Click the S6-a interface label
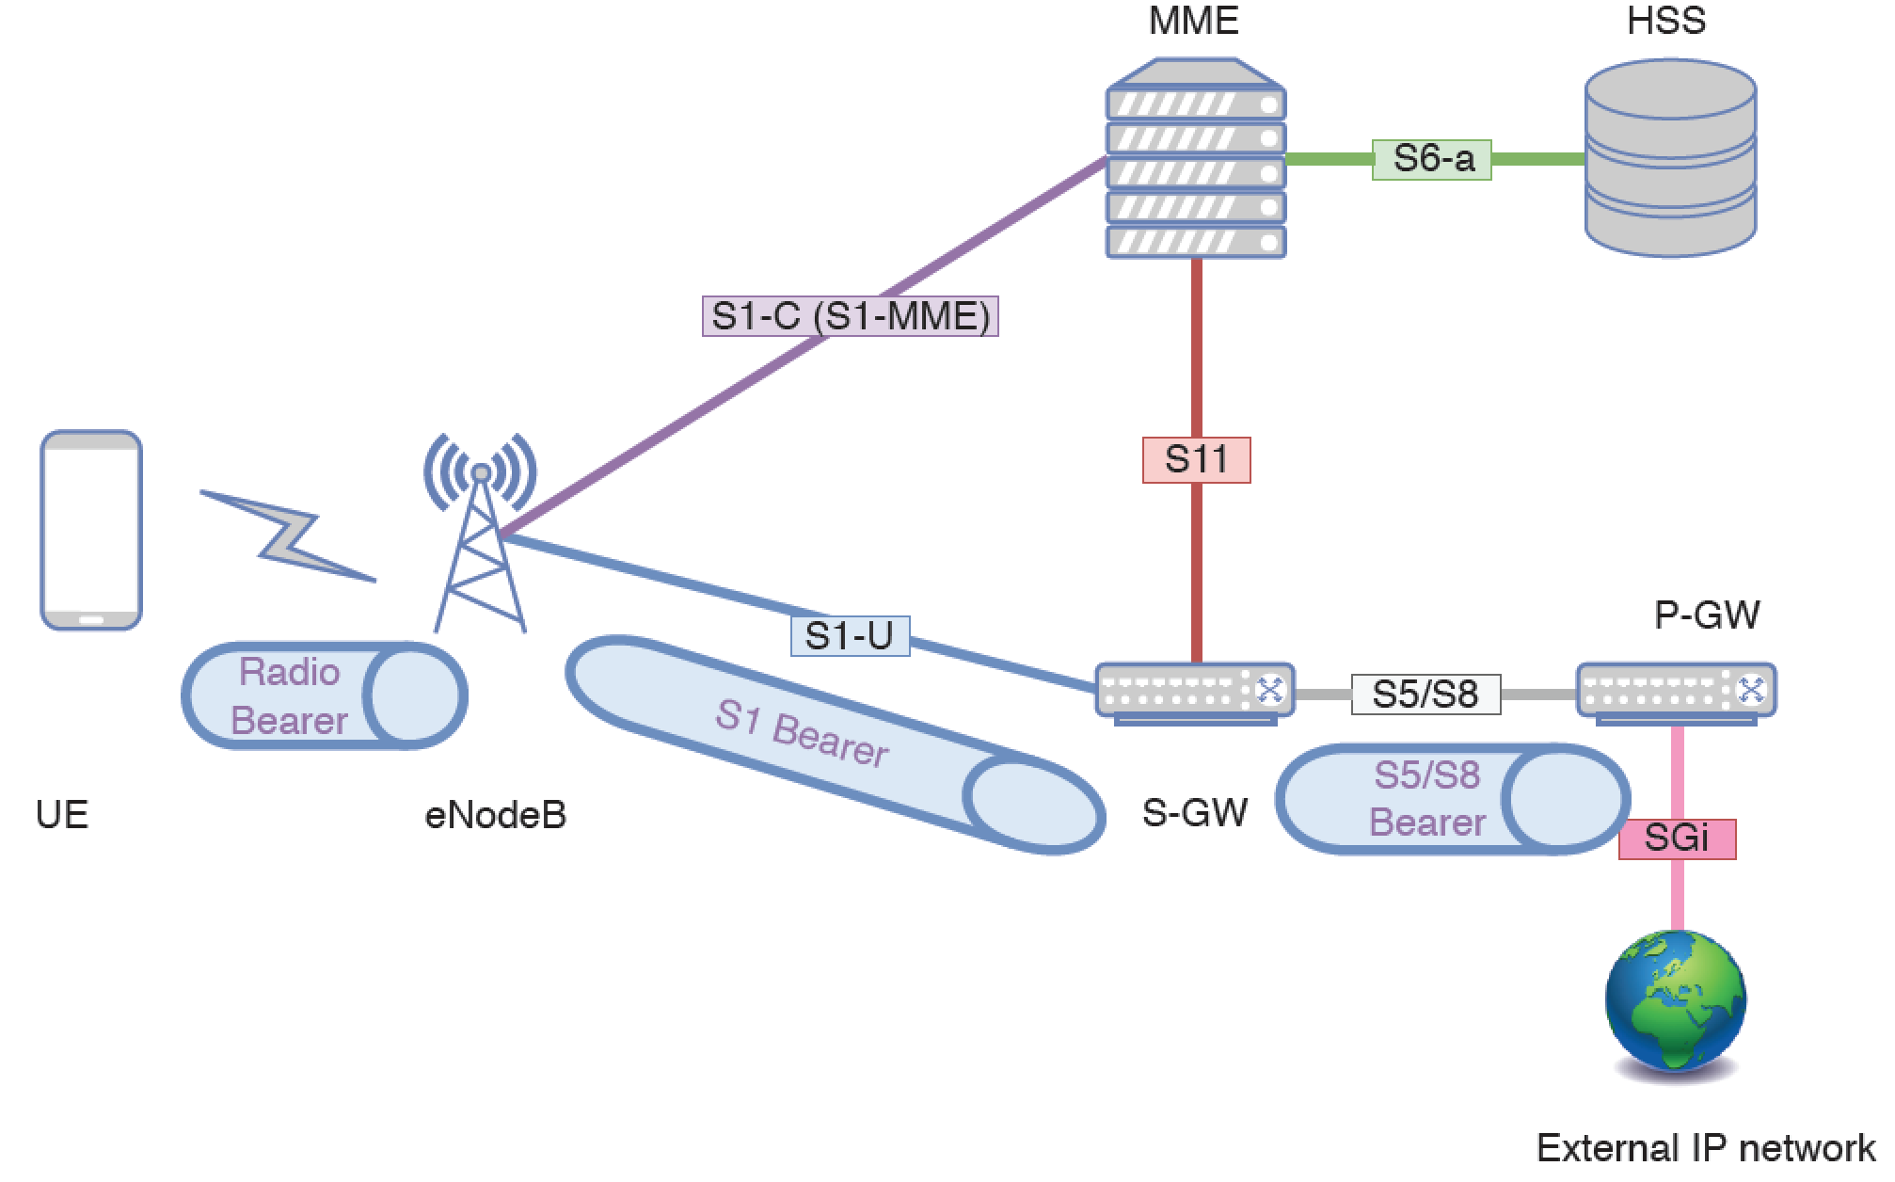1431,159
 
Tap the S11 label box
1196,460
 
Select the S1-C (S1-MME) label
850,316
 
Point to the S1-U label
850,636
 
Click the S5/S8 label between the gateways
1425,695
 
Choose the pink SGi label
1677,839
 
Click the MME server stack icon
1195,160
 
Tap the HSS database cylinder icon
1670,160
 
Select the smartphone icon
91,530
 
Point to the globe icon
1675,1002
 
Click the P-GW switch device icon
1676,695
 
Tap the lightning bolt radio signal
287,536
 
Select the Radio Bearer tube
324,696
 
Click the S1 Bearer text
802,735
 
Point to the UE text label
62,815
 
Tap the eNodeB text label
496,815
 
